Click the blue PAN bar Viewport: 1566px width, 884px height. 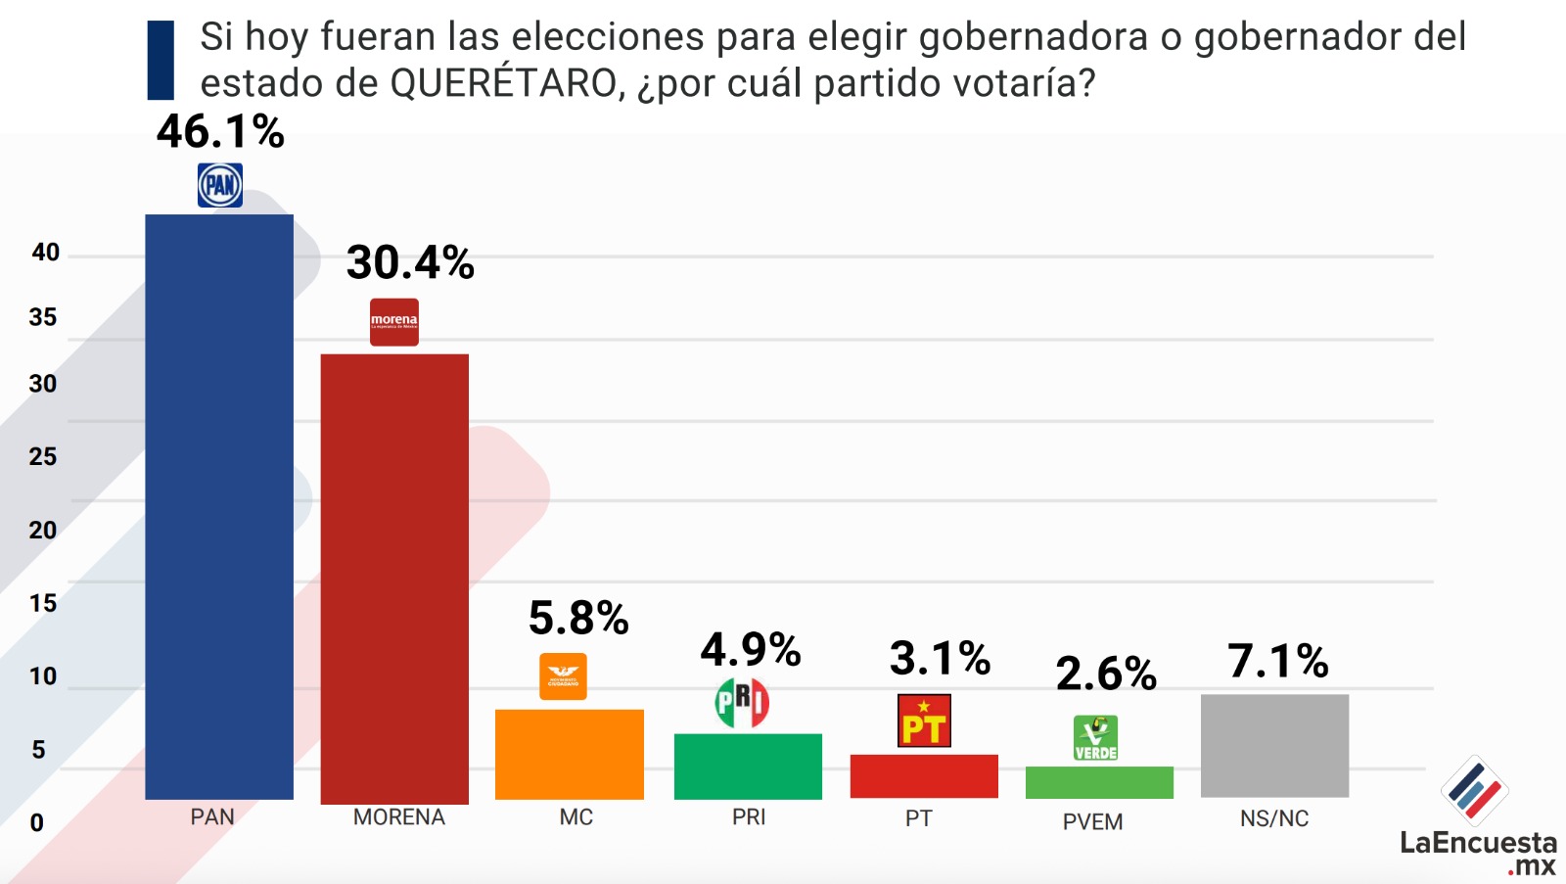pos(219,506)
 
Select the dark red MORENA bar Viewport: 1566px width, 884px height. pos(394,580)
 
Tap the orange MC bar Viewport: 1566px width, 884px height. pos(569,754)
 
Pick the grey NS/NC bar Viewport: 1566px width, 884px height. pos(1274,746)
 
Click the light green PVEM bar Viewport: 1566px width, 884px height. pos(1099,782)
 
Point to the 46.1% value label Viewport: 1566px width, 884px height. pos(220,131)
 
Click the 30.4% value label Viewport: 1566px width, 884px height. pos(410,262)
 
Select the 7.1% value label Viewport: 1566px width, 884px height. pos(1278,661)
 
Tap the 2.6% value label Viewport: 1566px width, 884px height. pos(1106,674)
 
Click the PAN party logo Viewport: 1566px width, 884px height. pos(220,185)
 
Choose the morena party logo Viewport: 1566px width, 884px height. pos(394,322)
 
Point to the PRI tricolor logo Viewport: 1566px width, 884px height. pos(742,702)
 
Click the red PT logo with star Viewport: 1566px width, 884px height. pos(924,721)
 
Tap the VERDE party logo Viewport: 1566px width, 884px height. pos(1095,738)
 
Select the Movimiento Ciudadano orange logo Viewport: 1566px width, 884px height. pos(563,676)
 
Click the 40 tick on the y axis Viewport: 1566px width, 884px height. pos(45,252)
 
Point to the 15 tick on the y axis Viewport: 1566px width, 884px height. pos(43,603)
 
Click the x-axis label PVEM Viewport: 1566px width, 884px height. pos(1092,821)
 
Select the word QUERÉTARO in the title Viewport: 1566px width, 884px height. pos(503,83)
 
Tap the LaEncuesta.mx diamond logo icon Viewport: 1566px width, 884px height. pos(1474,790)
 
